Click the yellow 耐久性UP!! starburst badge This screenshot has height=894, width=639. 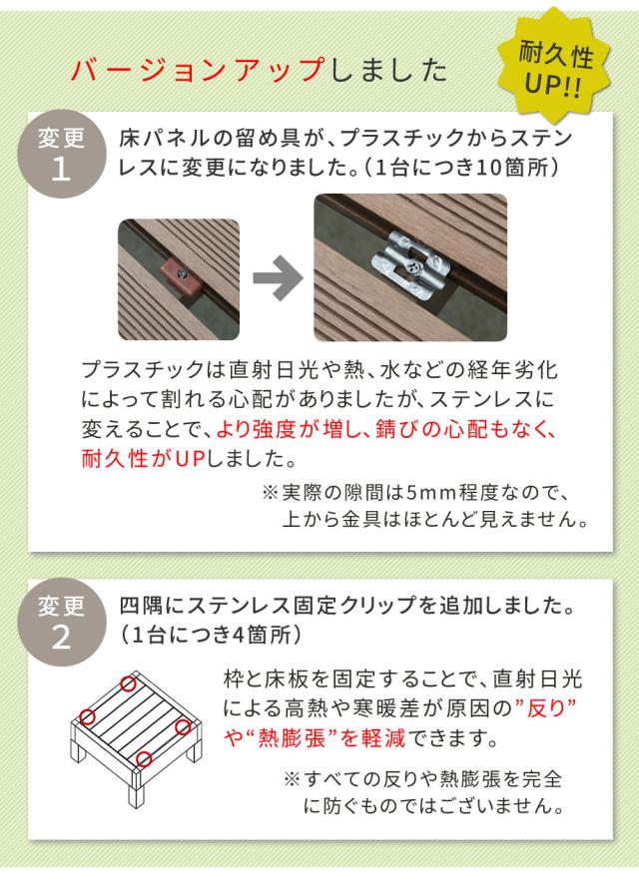pyautogui.click(x=553, y=67)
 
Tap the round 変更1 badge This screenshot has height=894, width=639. pyautogui.click(x=61, y=154)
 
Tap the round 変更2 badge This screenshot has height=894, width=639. pyautogui.click(x=61, y=622)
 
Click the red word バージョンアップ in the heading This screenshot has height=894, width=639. pyautogui.click(x=198, y=71)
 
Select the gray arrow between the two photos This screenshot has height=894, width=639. pyautogui.click(x=278, y=277)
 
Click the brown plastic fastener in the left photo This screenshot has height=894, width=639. pyautogui.click(x=181, y=277)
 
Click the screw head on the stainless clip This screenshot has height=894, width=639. pyautogui.click(x=412, y=264)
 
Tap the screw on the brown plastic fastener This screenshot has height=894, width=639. pyautogui.click(x=182, y=274)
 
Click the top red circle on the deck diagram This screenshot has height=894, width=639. pyautogui.click(x=128, y=683)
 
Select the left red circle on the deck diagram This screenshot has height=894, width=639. pyautogui.click(x=87, y=716)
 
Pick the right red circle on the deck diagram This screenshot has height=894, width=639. pyautogui.click(x=183, y=727)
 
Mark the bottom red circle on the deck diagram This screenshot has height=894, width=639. pyautogui.click(x=144, y=759)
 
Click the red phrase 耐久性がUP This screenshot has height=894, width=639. pyautogui.click(x=143, y=458)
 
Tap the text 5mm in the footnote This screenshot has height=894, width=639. pyautogui.click(x=436, y=492)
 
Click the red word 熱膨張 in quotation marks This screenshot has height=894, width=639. pyautogui.click(x=292, y=738)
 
